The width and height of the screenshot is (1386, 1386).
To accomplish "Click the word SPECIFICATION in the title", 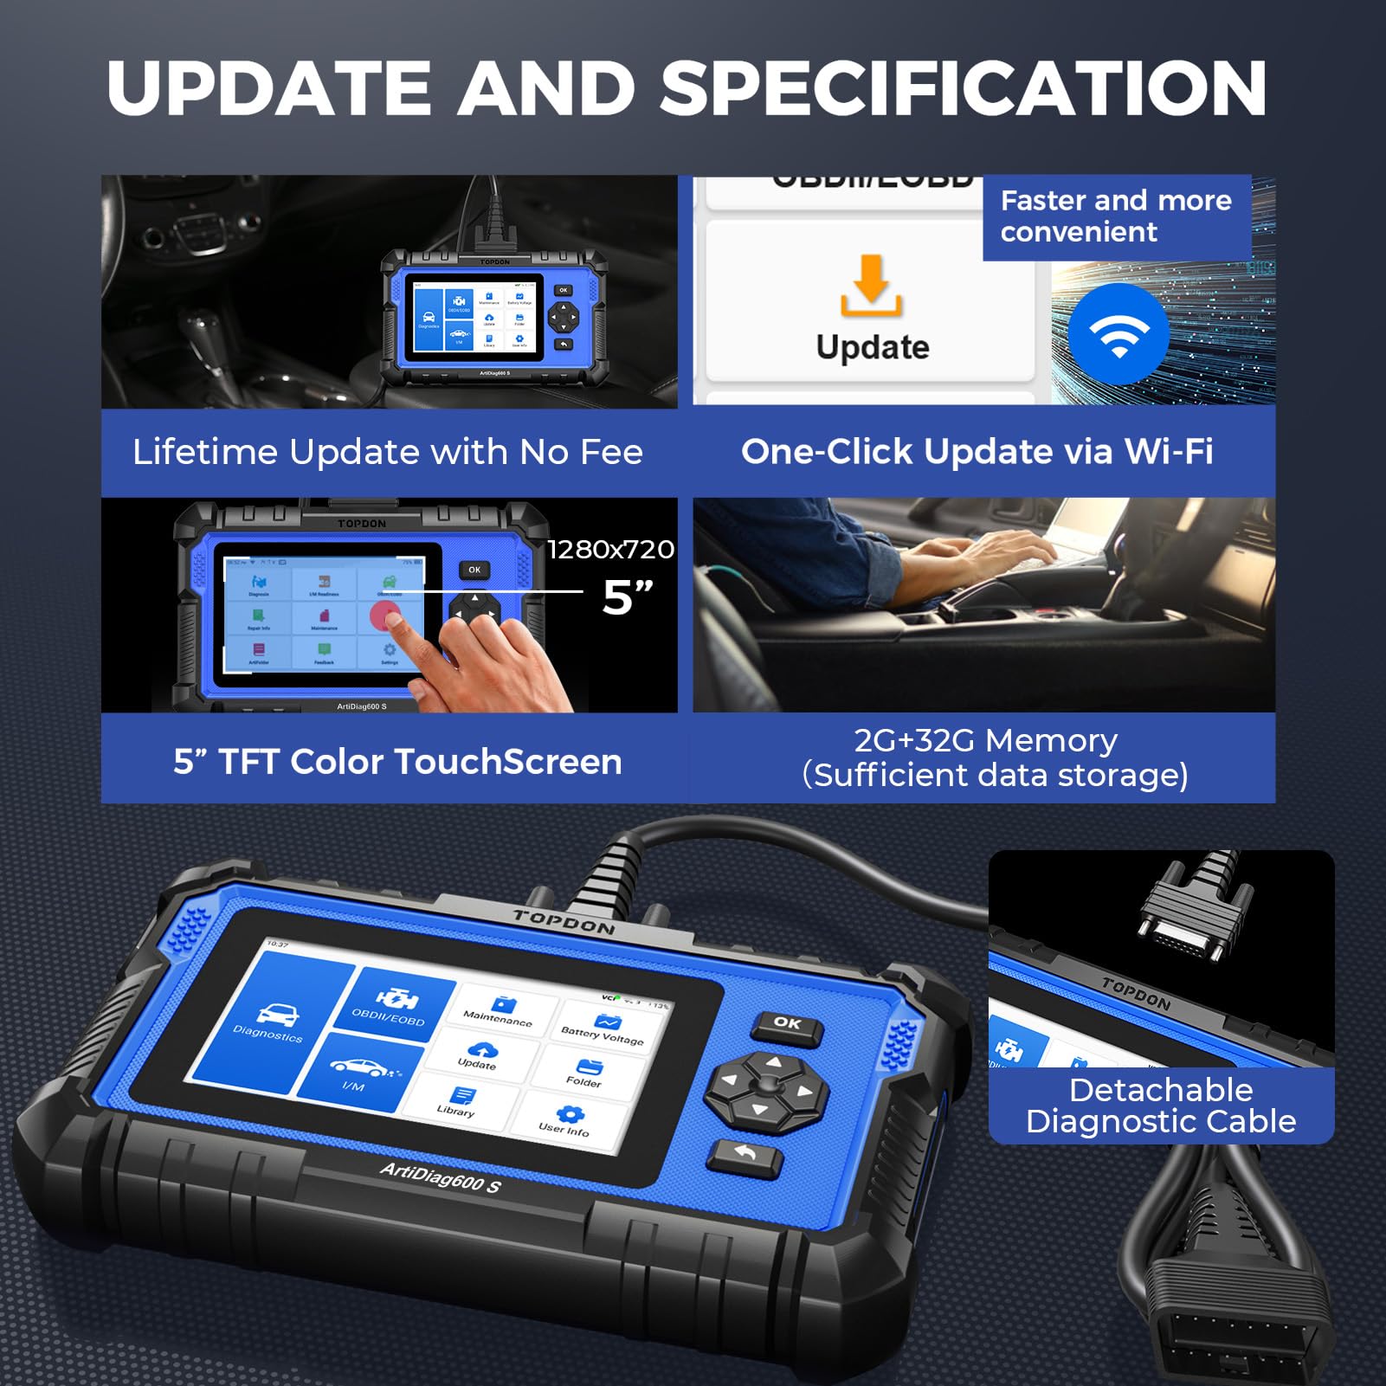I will click(x=964, y=88).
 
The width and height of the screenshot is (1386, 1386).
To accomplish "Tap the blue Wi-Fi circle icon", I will click(x=1118, y=333).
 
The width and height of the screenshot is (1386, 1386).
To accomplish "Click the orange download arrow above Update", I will click(x=872, y=287).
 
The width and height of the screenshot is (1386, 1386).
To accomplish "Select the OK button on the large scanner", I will click(x=786, y=1024).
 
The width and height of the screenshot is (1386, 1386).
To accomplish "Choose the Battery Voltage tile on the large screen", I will click(x=605, y=1028).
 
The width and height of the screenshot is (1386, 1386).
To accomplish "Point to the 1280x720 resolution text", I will click(x=610, y=550).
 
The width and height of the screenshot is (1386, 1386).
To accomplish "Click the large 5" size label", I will click(x=627, y=597).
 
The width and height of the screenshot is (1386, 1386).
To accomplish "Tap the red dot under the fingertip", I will click(x=385, y=618).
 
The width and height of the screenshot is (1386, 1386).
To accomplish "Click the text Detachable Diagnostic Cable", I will click(x=1161, y=1106).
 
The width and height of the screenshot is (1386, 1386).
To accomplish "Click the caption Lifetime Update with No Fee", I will click(x=388, y=452).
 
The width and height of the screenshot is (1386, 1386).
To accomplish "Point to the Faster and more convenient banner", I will click(x=1115, y=216).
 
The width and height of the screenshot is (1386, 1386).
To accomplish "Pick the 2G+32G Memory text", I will click(x=985, y=741).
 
